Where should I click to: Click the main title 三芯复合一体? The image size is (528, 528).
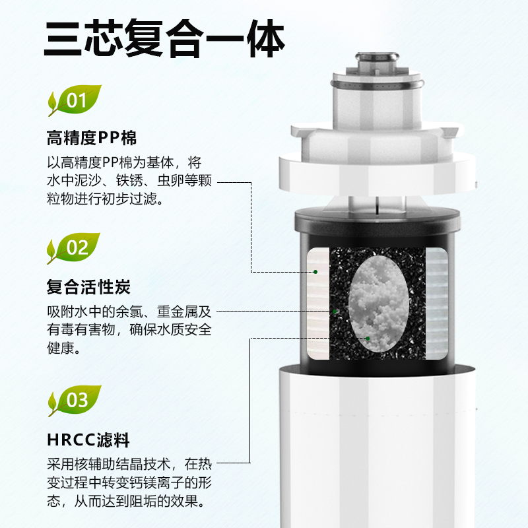pos(164,38)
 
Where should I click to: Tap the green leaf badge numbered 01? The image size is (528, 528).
pos(75,100)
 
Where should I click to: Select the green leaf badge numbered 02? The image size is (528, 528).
pos(74,248)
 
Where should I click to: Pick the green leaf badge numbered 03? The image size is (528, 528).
pos(75,401)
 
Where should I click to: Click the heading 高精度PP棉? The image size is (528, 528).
pos(92,138)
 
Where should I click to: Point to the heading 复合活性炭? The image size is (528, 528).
pos(88,287)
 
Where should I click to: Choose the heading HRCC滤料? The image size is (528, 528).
pos(88,440)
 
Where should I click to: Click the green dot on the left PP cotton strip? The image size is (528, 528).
pos(315,272)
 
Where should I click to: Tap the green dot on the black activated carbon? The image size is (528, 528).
pos(335,312)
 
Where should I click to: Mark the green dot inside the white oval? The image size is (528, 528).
pos(368,339)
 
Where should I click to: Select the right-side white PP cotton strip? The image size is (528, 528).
pos(437,304)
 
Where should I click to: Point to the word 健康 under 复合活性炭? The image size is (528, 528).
pos(61,348)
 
